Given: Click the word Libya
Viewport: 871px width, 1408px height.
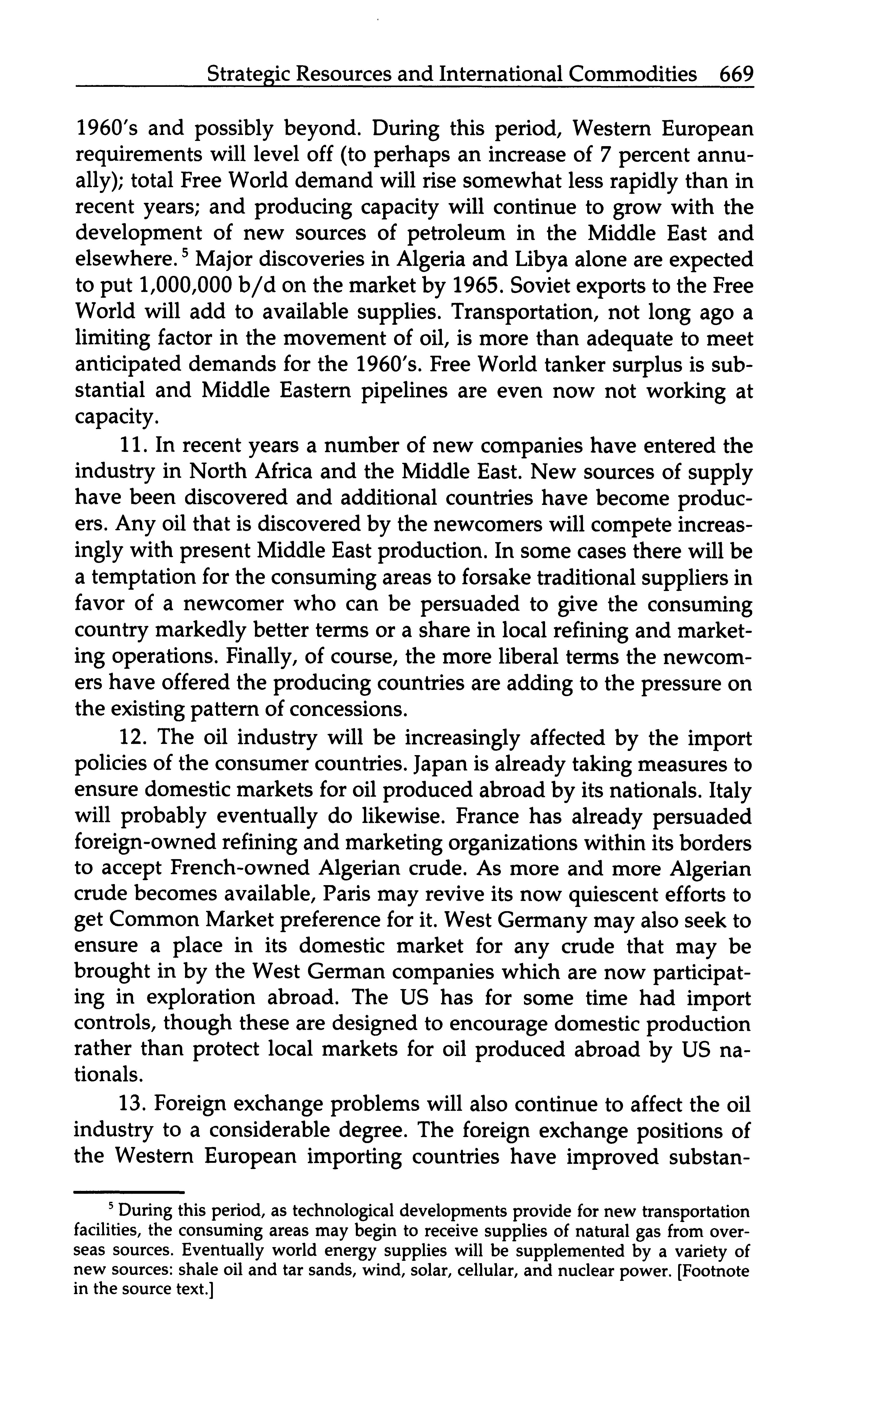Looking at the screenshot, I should click(x=541, y=260).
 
